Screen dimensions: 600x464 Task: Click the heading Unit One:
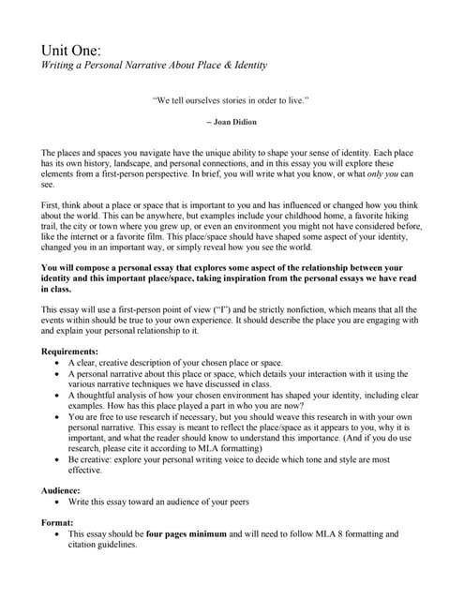(x=71, y=49)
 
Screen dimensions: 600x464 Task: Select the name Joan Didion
(x=234, y=122)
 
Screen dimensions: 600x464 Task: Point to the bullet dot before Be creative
(x=60, y=460)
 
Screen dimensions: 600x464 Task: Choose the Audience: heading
(x=65, y=489)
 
